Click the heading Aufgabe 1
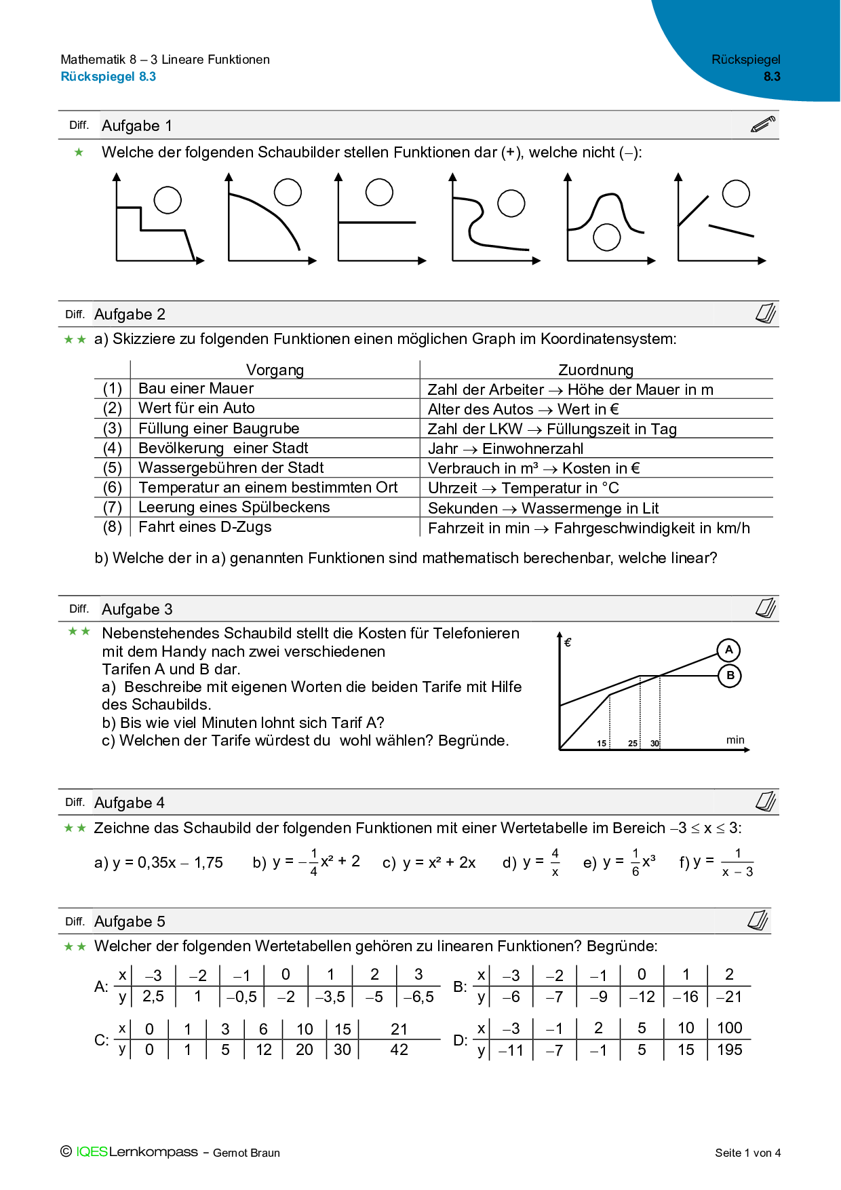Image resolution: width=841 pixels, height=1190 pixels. [x=137, y=126]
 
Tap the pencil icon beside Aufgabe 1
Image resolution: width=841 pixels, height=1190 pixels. [x=763, y=125]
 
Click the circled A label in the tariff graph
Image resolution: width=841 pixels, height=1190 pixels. [x=728, y=650]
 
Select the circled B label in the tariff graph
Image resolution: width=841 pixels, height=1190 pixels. [x=730, y=676]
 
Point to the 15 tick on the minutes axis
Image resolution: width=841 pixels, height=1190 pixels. [x=602, y=744]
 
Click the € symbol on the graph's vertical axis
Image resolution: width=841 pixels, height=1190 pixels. [x=568, y=642]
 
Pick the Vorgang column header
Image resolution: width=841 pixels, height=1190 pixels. [x=275, y=370]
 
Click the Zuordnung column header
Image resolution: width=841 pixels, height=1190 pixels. [x=595, y=370]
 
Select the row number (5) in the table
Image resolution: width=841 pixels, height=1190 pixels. [x=113, y=468]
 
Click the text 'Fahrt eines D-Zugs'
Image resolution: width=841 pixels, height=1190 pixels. [x=205, y=527]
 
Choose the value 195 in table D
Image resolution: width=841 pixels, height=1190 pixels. [x=730, y=1050]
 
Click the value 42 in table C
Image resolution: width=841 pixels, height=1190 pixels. [x=399, y=1050]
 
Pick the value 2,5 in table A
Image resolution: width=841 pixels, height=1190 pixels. [x=153, y=997]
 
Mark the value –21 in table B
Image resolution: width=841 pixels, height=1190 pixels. [x=729, y=997]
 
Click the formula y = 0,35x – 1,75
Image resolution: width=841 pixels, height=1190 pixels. [x=159, y=863]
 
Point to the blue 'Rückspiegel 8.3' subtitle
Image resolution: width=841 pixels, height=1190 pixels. [x=109, y=77]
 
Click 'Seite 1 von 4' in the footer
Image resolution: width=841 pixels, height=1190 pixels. [x=747, y=1153]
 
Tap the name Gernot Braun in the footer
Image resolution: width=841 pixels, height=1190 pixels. [x=246, y=1153]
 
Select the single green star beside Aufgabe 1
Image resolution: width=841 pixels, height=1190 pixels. [x=79, y=153]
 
